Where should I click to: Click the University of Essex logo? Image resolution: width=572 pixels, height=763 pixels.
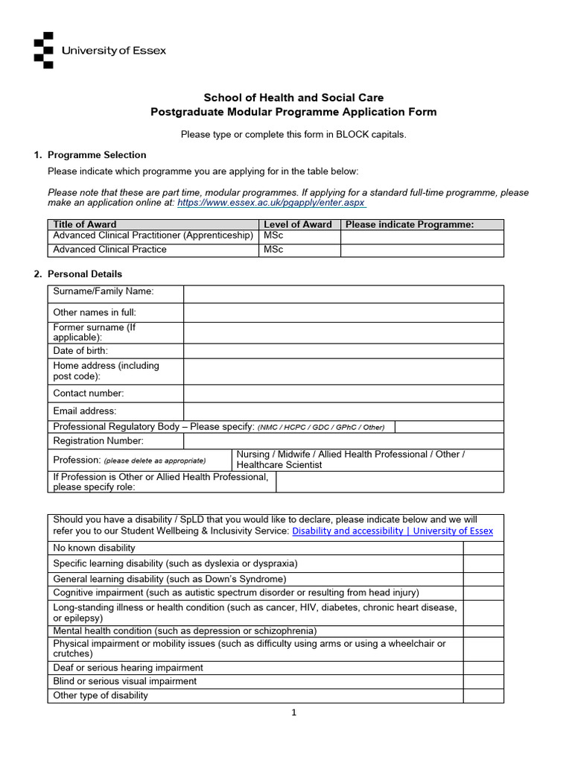pyautogui.click(x=100, y=51)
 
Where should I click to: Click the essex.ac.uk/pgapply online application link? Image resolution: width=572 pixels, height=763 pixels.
pyautogui.click(x=271, y=202)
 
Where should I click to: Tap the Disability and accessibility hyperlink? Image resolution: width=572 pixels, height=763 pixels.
pyautogui.click(x=393, y=531)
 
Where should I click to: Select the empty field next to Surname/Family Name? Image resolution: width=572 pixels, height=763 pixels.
pyautogui.click(x=343, y=294)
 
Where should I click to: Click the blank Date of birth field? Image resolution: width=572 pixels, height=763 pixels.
pyautogui.click(x=343, y=351)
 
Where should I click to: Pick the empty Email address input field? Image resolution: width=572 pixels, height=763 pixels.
pyautogui.click(x=343, y=411)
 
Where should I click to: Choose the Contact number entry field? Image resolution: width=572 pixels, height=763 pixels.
pyautogui.click(x=343, y=393)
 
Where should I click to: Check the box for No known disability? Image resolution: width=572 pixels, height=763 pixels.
pyautogui.click(x=483, y=548)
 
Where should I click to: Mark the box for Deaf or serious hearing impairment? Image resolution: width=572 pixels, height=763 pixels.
pyautogui.click(x=483, y=668)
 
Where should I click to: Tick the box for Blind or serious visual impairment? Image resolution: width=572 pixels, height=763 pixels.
pyautogui.click(x=483, y=681)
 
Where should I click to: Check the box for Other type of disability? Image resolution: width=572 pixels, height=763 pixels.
pyautogui.click(x=483, y=696)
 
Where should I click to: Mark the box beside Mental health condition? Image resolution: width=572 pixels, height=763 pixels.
pyautogui.click(x=483, y=631)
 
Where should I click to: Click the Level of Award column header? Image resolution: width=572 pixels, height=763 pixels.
pyautogui.click(x=298, y=224)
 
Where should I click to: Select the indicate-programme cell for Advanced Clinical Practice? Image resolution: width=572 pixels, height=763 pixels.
pyautogui.click(x=422, y=250)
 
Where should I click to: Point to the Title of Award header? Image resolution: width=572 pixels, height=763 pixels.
pyautogui.click(x=85, y=224)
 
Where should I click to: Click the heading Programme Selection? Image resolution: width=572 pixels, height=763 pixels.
pyautogui.click(x=97, y=155)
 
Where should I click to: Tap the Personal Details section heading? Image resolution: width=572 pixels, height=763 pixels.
pyautogui.click(x=85, y=274)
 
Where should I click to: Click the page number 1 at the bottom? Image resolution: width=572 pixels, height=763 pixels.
pyautogui.click(x=294, y=712)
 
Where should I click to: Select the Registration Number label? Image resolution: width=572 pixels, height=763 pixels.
pyautogui.click(x=98, y=441)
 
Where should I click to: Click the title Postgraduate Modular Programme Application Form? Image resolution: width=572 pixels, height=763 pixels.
pyautogui.click(x=293, y=113)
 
